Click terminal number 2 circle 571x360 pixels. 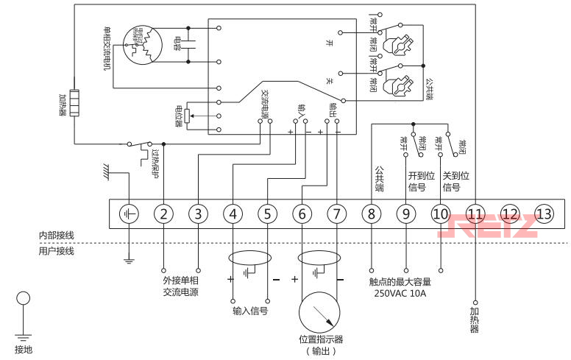[x=163, y=214]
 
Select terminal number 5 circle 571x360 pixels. [x=267, y=214]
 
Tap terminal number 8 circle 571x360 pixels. [x=371, y=214]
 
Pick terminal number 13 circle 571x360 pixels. [x=544, y=213]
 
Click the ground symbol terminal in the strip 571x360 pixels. [x=129, y=214]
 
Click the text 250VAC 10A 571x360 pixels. [x=400, y=293]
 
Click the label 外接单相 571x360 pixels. [x=180, y=280]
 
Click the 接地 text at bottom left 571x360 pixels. [x=24, y=349]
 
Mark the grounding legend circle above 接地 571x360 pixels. [x=24, y=299]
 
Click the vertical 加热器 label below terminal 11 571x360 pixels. [x=475, y=319]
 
